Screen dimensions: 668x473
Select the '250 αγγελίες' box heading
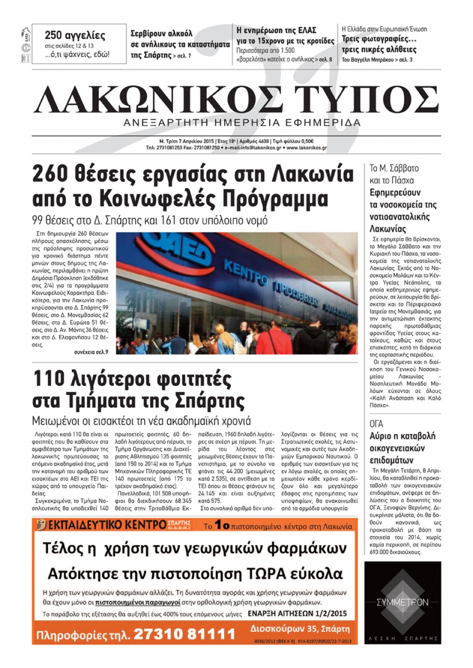tap(75, 35)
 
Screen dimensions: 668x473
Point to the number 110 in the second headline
tap(48, 379)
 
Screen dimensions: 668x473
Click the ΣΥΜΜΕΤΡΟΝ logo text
tap(403, 602)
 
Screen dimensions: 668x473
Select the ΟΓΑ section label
tap(377, 424)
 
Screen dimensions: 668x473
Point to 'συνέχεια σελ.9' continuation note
tap(91, 352)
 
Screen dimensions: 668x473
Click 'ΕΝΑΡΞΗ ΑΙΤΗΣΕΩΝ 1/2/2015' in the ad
tap(297, 614)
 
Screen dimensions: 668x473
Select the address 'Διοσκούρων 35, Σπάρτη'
tap(300, 629)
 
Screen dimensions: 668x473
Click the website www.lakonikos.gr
tap(307, 148)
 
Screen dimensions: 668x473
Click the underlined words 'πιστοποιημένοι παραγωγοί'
tap(138, 602)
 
